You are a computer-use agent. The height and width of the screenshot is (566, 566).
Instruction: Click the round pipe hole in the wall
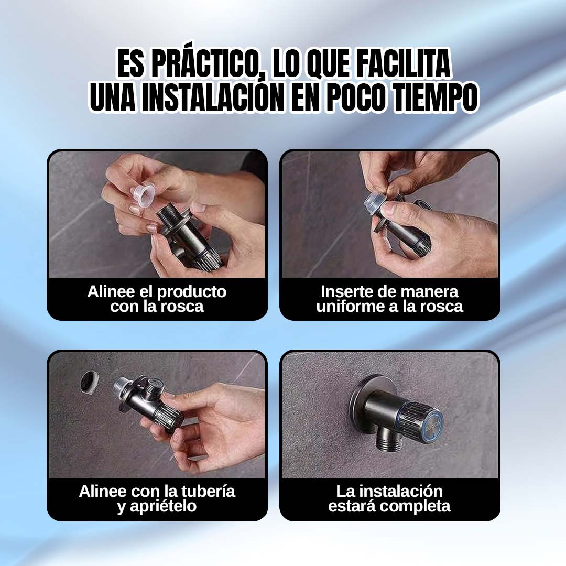(89, 382)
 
